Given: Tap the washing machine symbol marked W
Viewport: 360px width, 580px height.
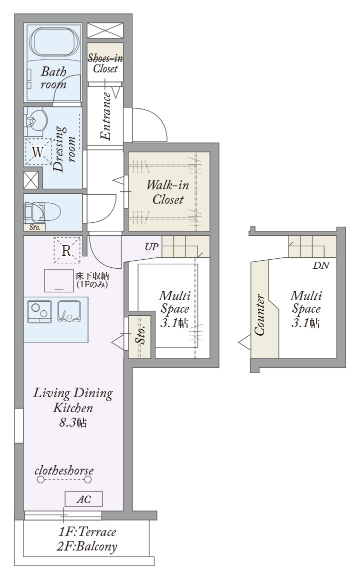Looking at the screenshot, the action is pos(38,152).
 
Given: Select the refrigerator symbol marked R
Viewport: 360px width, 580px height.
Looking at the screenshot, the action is pos(66,250).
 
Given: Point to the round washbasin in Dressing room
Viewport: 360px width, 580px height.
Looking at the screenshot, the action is pos(35,120).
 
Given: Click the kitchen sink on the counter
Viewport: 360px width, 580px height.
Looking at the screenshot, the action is pos(69,311).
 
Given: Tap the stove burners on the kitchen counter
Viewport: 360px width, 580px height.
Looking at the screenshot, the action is pos(39,311).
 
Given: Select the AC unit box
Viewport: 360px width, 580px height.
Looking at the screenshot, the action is pos(83,499).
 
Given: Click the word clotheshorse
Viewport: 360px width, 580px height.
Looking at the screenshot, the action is pos(63,471).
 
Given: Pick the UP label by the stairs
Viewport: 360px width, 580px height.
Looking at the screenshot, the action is pos(151,247).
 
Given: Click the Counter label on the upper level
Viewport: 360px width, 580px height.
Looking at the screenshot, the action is pos(259,315).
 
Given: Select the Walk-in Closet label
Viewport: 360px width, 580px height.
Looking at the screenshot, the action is pos(168,192).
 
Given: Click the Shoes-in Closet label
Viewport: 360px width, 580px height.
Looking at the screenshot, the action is pos(105,63).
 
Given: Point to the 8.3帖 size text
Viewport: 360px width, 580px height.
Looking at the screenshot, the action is pos(73,423).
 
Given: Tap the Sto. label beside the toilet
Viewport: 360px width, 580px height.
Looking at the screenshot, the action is pos(35,227).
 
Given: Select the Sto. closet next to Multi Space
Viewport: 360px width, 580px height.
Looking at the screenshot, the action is pos(139,337).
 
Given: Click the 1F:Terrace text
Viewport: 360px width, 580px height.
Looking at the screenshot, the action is pos(87,532).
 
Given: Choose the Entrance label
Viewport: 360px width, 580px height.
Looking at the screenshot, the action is pos(106,116).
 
